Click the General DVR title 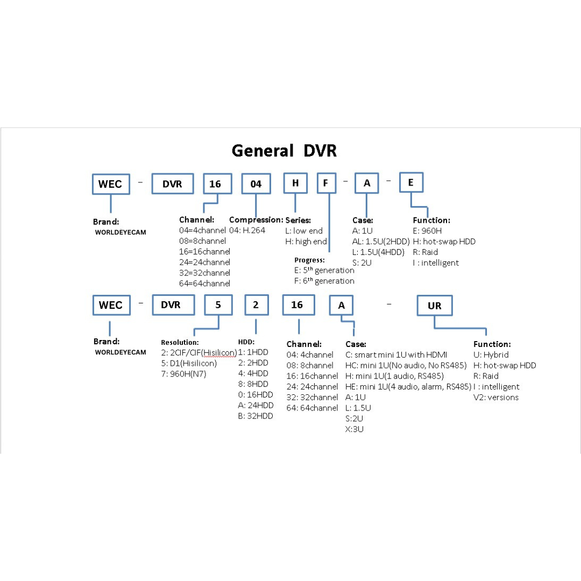pyautogui.click(x=284, y=151)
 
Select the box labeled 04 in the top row pyautogui.click(x=256, y=184)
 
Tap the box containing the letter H pyautogui.click(x=295, y=183)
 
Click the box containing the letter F pyautogui.click(x=327, y=183)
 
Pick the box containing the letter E pyautogui.click(x=411, y=182)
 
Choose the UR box pyautogui.click(x=435, y=306)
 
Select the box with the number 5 pyautogui.click(x=218, y=305)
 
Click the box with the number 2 pyautogui.click(x=257, y=305)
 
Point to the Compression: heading pyautogui.click(x=256, y=219)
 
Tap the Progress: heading pyautogui.click(x=309, y=260)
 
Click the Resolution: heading pyautogui.click(x=180, y=342)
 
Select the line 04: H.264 pyautogui.click(x=247, y=230)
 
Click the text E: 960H pyautogui.click(x=427, y=231)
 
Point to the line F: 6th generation pyautogui.click(x=324, y=281)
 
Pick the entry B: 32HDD pyautogui.click(x=256, y=416)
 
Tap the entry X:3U pyautogui.click(x=354, y=429)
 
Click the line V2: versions pyautogui.click(x=496, y=397)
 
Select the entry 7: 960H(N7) pyautogui.click(x=183, y=374)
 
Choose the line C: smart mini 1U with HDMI pyautogui.click(x=396, y=355)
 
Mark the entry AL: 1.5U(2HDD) pyautogui.click(x=381, y=242)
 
